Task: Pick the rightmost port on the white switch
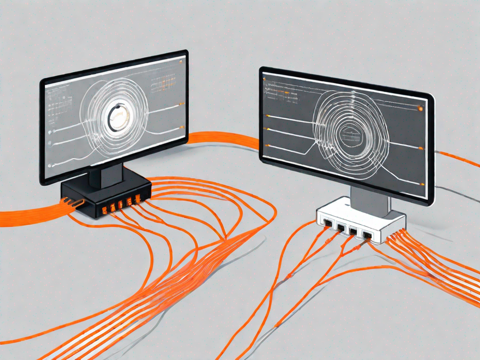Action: [x=367, y=234]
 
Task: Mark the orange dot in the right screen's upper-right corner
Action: [x=420, y=109]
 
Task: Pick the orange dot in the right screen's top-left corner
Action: [x=265, y=79]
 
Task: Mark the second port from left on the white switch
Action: [x=341, y=227]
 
